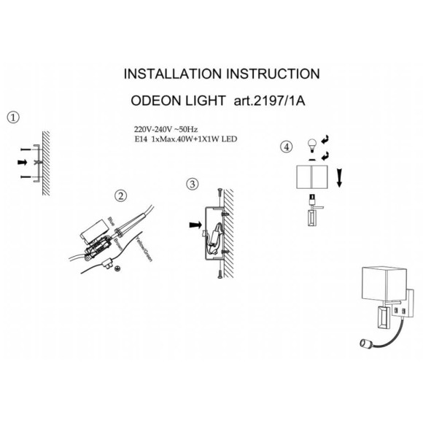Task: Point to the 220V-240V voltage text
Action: [150, 127]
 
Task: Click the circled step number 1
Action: [13, 117]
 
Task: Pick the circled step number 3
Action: [192, 184]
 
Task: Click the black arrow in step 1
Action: [23, 160]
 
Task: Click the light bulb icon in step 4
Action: [313, 142]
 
